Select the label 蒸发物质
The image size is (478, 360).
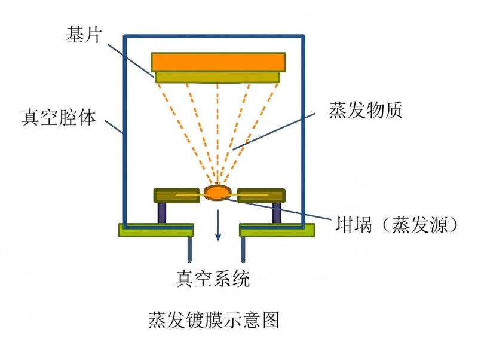pos(365,110)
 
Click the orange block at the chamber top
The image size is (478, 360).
pos(217,62)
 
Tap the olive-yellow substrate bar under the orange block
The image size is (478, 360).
pos(217,77)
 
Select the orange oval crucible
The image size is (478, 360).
pos(217,192)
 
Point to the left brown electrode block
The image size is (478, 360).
pos(176,196)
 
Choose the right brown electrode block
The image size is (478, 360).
pos(261,196)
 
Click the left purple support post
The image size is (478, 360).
pos(162,213)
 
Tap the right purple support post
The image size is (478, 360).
pos(276,213)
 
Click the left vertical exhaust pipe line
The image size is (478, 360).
pos(190,249)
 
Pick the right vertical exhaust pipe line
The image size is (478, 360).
pos(243,249)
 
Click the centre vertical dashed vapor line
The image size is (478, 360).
pos(217,132)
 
